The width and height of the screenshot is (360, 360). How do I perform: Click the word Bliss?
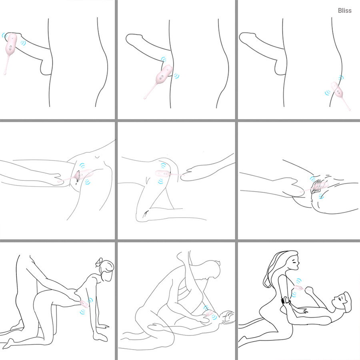(x=345, y=10)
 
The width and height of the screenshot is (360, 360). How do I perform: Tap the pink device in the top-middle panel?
(x=162, y=75)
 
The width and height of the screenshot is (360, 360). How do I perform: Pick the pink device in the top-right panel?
(x=338, y=91)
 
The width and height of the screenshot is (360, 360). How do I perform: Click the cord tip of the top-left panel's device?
(x=5, y=73)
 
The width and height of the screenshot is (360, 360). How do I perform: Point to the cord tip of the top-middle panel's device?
(x=145, y=98)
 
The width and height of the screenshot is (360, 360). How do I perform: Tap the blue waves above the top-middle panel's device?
(x=164, y=59)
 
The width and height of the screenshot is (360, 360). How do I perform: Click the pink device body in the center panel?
(x=162, y=174)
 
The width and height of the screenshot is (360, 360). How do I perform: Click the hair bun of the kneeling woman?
(x=100, y=262)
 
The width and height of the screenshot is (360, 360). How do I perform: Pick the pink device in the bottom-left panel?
(x=84, y=304)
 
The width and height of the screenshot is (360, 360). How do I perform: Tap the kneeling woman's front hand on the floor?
(x=100, y=336)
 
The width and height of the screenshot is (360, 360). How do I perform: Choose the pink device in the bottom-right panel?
(x=298, y=288)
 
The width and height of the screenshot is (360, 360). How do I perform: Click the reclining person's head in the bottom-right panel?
(x=342, y=302)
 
